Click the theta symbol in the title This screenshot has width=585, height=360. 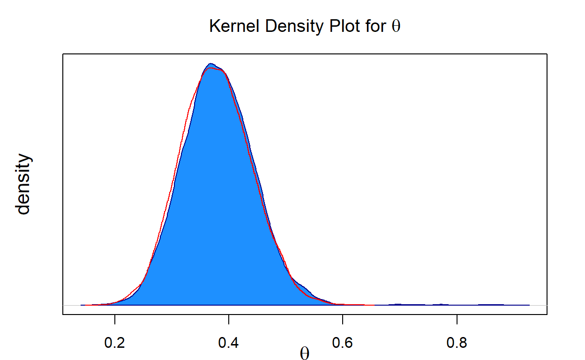coord(396,27)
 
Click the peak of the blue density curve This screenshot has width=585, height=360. coord(210,63)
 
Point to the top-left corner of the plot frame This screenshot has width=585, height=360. coord(63,54)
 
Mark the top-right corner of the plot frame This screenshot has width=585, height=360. coord(547,54)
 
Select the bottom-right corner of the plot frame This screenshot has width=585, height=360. coord(547,315)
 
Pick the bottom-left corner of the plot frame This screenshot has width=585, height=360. coord(63,315)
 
